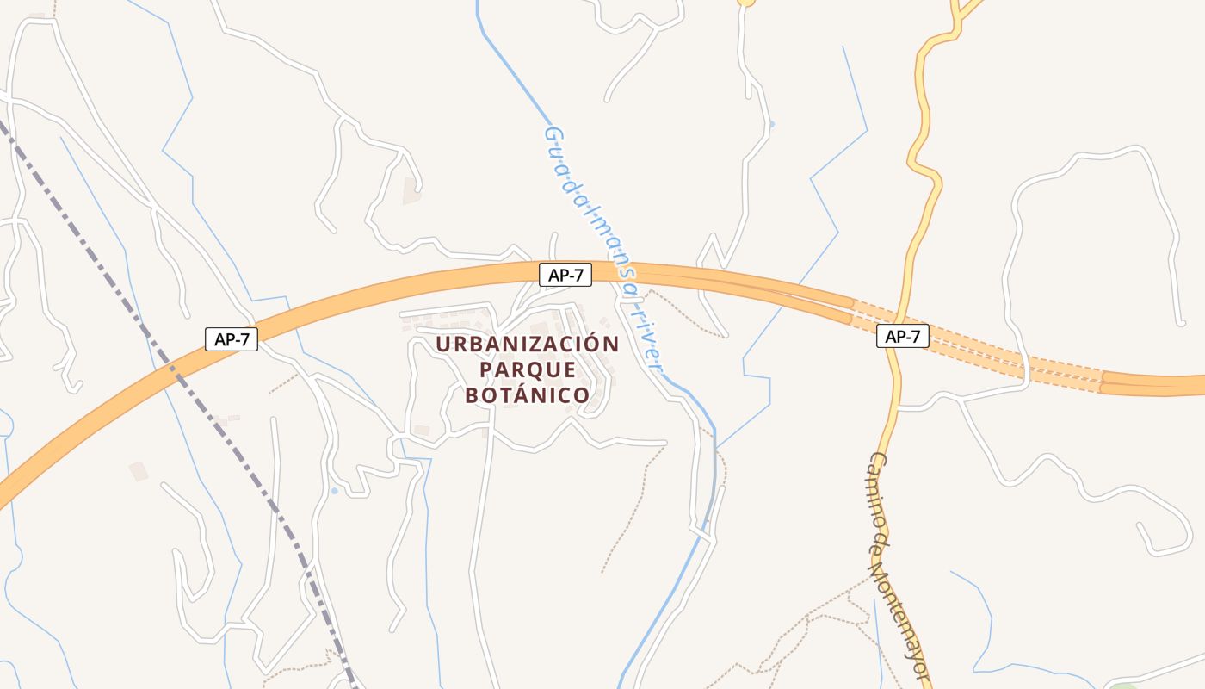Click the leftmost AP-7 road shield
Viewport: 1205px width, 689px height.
[232, 339]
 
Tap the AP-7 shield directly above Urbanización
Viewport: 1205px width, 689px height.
[565, 276]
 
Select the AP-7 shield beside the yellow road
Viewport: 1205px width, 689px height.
[903, 337]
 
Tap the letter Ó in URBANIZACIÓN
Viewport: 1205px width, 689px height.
[594, 344]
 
